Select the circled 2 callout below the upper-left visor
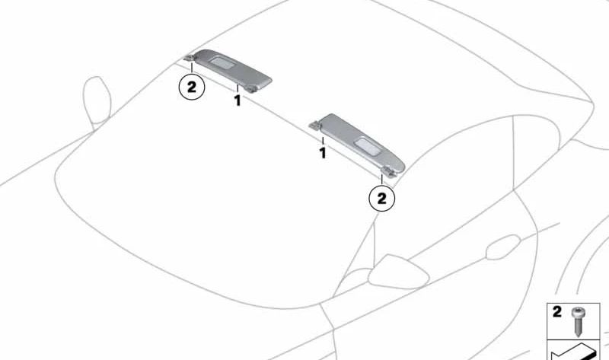click(192, 87)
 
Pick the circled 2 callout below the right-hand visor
click(382, 199)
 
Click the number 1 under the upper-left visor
click(238, 101)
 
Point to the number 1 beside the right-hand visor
click(322, 153)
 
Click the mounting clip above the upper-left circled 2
click(189, 59)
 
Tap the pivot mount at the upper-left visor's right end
click(253, 88)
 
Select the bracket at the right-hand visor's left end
click(315, 124)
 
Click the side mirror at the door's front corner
click(398, 272)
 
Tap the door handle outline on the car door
click(503, 247)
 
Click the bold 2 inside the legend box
click(557, 312)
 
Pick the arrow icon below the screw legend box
click(574, 352)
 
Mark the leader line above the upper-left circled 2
click(192, 68)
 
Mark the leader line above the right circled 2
click(382, 180)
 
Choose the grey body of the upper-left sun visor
click(233, 69)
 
